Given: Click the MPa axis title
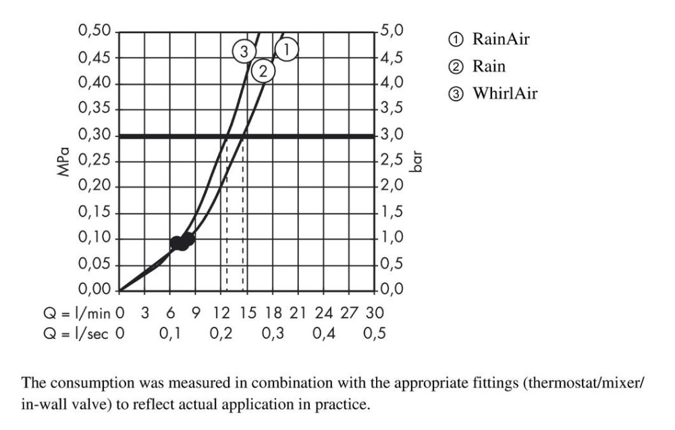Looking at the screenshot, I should (x=64, y=162).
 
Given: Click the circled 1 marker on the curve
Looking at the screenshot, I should (x=287, y=49).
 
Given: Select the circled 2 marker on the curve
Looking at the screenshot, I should (x=263, y=70).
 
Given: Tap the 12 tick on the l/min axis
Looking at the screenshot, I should (x=221, y=313).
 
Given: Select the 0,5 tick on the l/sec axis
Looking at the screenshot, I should (x=373, y=335).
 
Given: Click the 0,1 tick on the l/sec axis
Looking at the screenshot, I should (x=170, y=335).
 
